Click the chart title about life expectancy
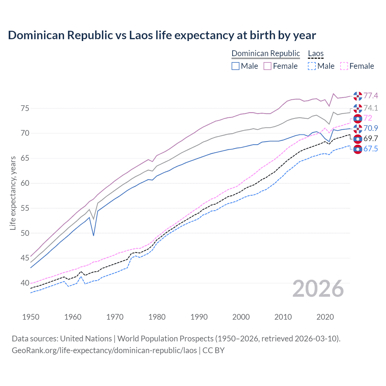(x=162, y=35)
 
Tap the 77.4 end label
(x=371, y=96)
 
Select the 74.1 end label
(x=371, y=108)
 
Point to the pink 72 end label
(x=368, y=118)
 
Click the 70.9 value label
(x=371, y=128)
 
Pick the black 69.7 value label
(x=371, y=138)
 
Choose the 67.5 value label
(x=371, y=149)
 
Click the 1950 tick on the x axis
(x=31, y=317)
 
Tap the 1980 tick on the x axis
(x=157, y=317)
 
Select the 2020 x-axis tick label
(x=325, y=317)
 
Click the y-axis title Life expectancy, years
(x=13, y=193)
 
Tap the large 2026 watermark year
(x=318, y=289)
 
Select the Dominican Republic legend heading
(x=266, y=53)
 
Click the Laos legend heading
(x=316, y=53)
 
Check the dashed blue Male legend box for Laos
(x=312, y=66)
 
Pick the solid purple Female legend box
(x=267, y=66)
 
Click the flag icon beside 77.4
(x=358, y=96)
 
